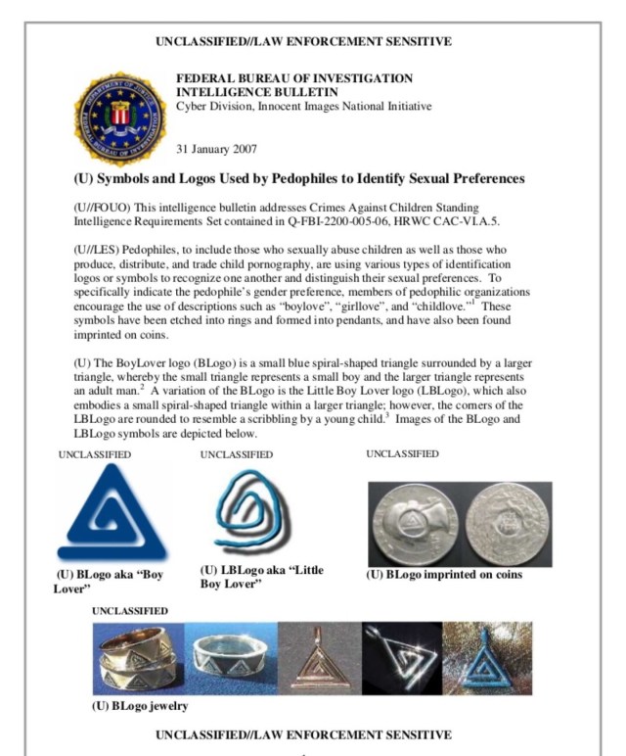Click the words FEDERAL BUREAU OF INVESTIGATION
pos(293,78)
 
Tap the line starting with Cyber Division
pos(303,106)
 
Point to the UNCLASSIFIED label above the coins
pos(402,454)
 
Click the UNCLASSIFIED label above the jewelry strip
pos(130,610)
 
